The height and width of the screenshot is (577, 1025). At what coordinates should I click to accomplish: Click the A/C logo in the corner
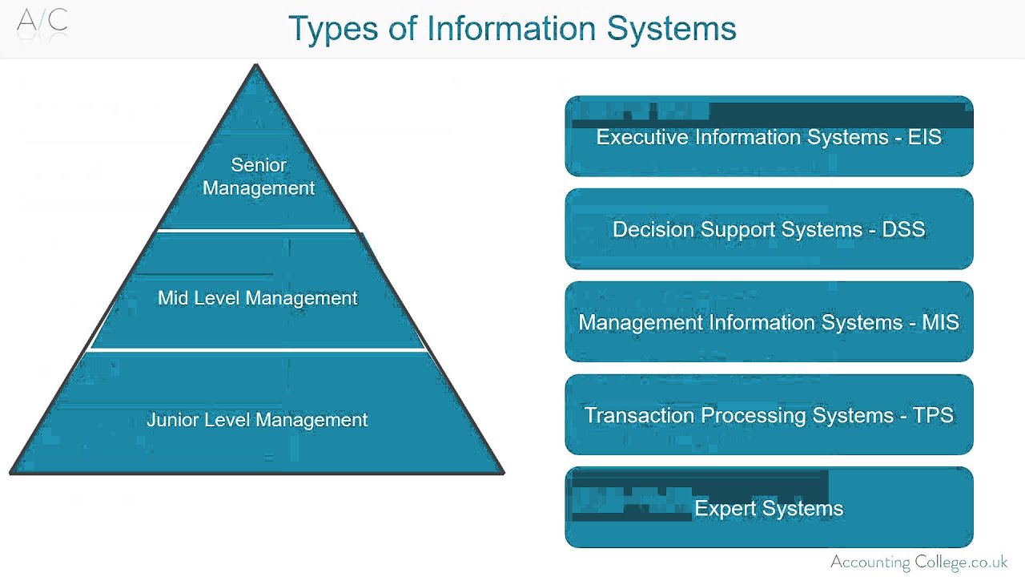coord(42,21)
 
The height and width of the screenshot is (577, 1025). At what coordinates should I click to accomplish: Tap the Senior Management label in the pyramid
coord(259,176)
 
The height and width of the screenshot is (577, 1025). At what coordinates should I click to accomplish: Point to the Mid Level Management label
coord(257,298)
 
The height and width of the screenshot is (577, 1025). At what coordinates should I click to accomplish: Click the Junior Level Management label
coord(257,420)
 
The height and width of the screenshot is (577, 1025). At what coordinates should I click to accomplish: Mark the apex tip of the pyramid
coord(256,66)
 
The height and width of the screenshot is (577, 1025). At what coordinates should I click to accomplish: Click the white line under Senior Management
coord(256,231)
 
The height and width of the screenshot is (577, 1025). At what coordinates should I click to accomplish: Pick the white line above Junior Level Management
coord(256,349)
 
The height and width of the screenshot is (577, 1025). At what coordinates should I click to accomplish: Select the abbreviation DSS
coord(903,230)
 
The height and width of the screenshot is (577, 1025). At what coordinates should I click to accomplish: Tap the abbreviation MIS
coord(940,323)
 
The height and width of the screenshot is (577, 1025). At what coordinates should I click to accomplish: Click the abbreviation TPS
coord(933,416)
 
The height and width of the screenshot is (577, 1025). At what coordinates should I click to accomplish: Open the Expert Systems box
coord(769,508)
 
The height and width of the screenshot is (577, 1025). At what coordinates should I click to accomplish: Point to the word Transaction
coord(639,416)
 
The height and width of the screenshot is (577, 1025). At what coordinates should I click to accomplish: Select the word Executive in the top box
coord(642,137)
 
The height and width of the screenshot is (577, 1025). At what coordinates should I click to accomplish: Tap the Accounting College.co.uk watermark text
coord(918,562)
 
